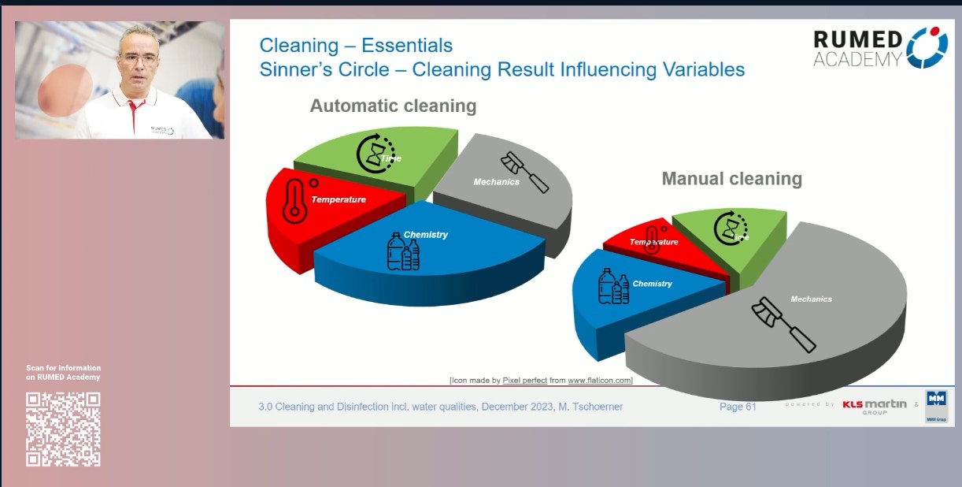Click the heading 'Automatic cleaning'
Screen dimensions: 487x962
pyautogui.click(x=393, y=106)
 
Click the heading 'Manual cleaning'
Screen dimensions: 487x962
pyautogui.click(x=731, y=179)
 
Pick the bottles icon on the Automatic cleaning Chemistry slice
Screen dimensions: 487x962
pyautogui.click(x=402, y=253)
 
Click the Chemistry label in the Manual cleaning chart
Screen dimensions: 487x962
pyautogui.click(x=652, y=284)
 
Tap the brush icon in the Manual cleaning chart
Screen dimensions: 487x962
pyautogui.click(x=783, y=324)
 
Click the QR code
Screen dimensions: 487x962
pyautogui.click(x=63, y=429)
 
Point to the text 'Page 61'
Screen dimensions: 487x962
pyautogui.click(x=738, y=407)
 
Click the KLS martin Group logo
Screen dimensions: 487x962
pyautogui.click(x=874, y=406)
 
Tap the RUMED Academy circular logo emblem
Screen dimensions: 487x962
pyautogui.click(x=927, y=46)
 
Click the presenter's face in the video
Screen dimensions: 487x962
pyautogui.click(x=140, y=60)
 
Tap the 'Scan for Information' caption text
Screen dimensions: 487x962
pyautogui.click(x=64, y=368)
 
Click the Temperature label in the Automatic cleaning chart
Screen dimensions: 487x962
pyautogui.click(x=339, y=199)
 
